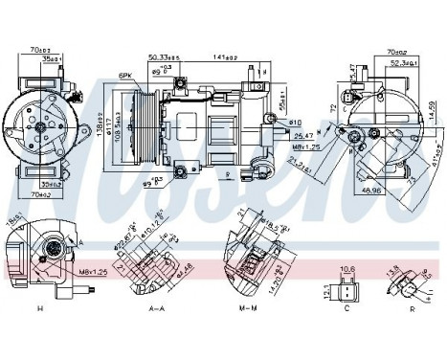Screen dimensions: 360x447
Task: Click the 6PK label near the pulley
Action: point(124,76)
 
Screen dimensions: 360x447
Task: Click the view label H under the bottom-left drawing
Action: point(39,308)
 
